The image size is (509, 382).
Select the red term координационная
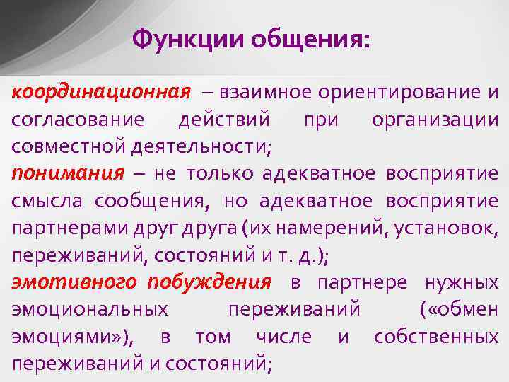[x=101, y=93]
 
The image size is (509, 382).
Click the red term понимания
[x=67, y=174]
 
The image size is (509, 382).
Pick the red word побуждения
[x=210, y=282]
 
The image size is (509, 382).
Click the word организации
[x=435, y=120]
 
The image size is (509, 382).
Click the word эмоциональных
[x=90, y=310]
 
